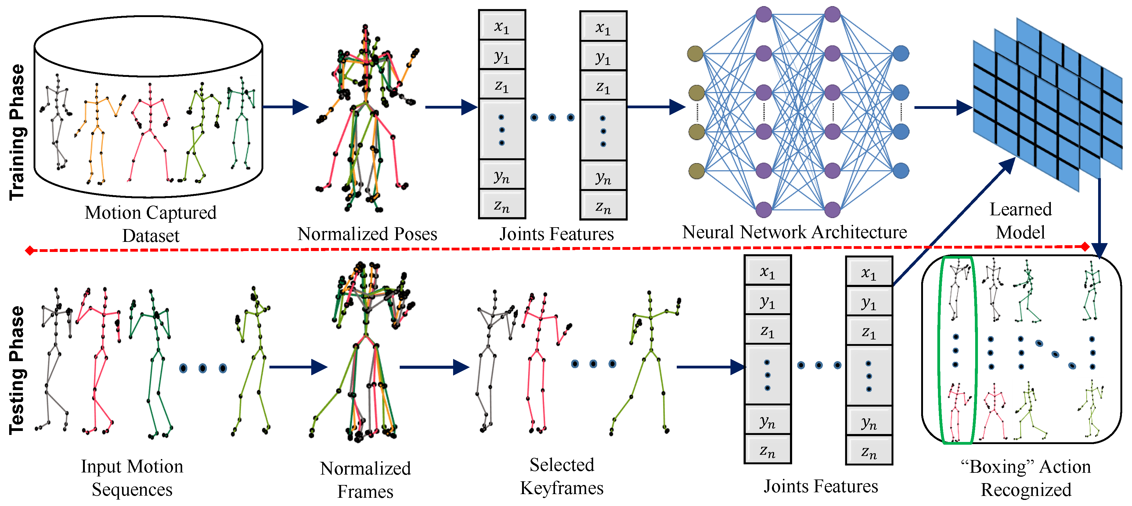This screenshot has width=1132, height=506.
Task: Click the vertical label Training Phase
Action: coord(18,132)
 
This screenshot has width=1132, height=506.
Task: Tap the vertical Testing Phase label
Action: coord(18,370)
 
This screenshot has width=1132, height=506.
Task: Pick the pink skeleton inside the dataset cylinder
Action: coord(150,132)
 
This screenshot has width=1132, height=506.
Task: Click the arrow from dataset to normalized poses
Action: coord(286,107)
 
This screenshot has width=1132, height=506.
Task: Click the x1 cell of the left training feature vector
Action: coord(502,26)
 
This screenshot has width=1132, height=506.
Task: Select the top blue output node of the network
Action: coord(901,54)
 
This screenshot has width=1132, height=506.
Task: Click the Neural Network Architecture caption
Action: coord(795,232)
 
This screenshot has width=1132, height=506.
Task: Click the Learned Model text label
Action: coord(1020,221)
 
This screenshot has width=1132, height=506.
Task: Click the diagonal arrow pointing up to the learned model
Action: coord(954,222)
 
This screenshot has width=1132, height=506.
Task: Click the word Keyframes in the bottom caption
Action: coord(562,488)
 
